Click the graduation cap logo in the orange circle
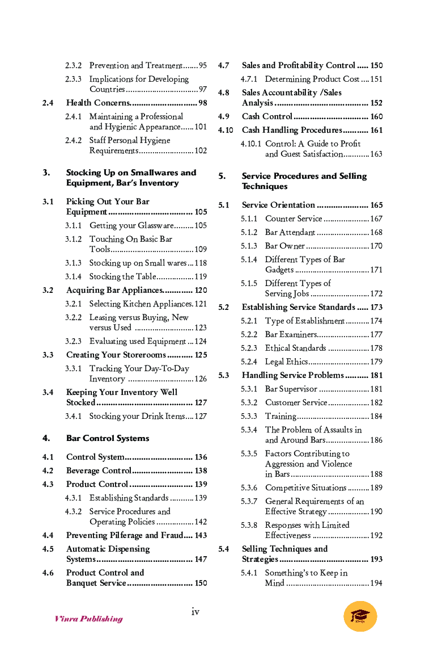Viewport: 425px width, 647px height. point(360,616)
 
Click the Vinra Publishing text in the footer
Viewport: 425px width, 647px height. point(88,619)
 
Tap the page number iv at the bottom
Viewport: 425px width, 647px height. point(195,611)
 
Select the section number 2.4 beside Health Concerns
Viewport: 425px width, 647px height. point(48,103)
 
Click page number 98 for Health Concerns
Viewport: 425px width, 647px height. point(202,103)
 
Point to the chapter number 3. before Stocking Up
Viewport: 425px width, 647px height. point(46,173)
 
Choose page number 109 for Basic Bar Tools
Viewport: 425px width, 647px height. point(201,249)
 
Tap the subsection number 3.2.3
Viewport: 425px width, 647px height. point(73,341)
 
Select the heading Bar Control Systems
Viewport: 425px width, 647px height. point(108,438)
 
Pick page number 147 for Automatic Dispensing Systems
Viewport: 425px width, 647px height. point(201,559)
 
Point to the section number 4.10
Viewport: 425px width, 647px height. point(226,130)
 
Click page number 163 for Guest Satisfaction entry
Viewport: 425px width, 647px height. point(376,154)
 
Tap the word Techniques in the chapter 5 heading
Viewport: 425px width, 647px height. point(265,186)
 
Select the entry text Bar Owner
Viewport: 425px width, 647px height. point(285,246)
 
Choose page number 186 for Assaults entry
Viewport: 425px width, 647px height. point(376,440)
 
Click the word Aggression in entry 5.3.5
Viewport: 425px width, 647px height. point(288,464)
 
